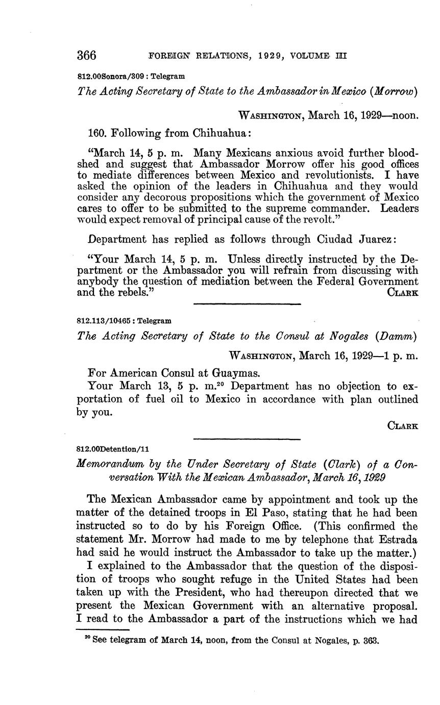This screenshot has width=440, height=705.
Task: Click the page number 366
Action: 86,55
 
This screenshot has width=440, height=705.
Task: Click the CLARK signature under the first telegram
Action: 403,293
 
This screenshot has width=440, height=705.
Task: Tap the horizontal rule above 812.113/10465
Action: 247,304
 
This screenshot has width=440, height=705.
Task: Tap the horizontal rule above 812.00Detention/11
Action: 247,438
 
